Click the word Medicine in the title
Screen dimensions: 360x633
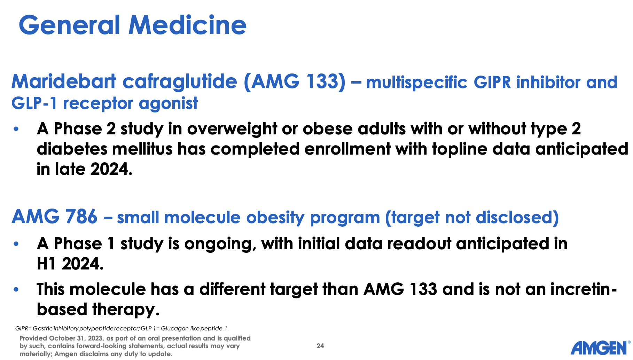pyautogui.click(x=188, y=25)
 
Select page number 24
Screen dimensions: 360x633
pyautogui.click(x=320, y=346)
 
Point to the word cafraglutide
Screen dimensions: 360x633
pyautogui.click(x=180, y=82)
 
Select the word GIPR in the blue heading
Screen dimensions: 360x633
pyautogui.click(x=492, y=83)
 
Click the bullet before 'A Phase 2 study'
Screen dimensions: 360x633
pyautogui.click(x=16, y=129)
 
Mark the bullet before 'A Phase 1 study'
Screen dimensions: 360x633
pyautogui.click(x=16, y=244)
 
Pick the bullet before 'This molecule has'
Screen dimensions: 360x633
pyautogui.click(x=16, y=290)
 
